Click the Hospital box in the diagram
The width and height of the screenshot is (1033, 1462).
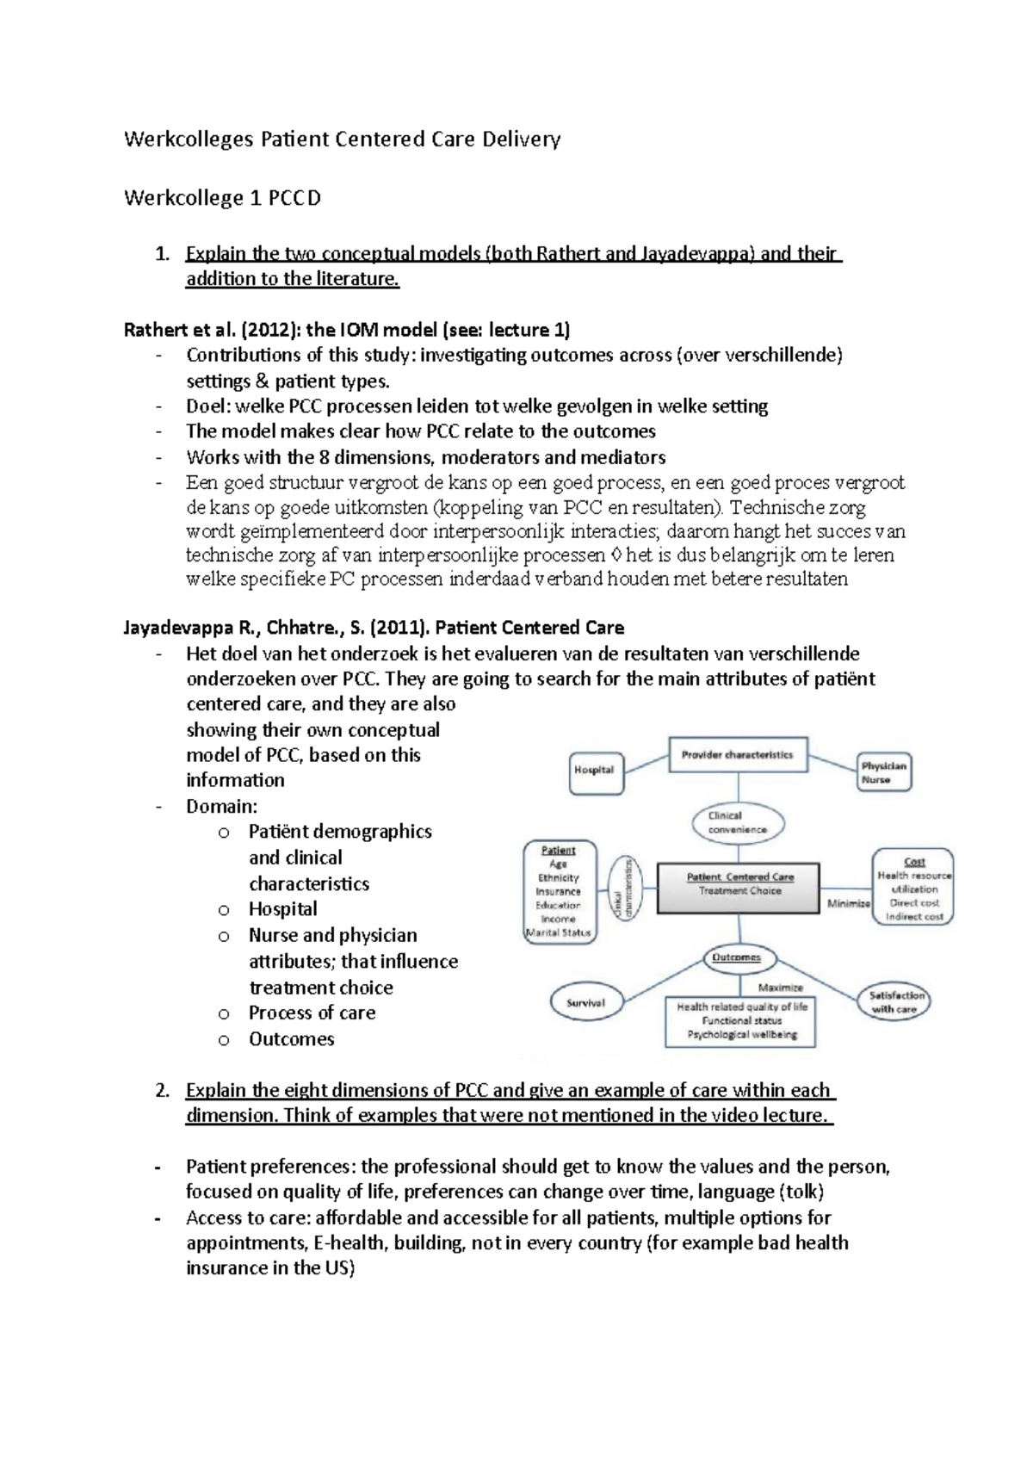(594, 770)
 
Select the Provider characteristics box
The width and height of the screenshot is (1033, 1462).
(738, 755)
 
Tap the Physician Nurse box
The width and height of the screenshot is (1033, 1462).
(883, 772)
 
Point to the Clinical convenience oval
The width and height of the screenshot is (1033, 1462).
(737, 823)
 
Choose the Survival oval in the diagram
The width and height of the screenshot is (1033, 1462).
(585, 1003)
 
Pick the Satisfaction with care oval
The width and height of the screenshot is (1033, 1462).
(895, 1002)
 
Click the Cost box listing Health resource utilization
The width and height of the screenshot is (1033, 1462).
(913, 887)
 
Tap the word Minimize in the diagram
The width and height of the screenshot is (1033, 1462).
(849, 903)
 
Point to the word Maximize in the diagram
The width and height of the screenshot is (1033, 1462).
(780, 988)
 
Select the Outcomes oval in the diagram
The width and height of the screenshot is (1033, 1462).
(737, 957)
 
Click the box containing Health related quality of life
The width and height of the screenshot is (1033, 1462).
(741, 1020)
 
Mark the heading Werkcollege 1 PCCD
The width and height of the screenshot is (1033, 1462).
(222, 198)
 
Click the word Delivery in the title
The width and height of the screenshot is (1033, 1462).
(521, 139)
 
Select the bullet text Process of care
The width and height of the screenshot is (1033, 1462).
(312, 1013)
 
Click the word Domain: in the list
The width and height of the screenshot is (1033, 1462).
(221, 807)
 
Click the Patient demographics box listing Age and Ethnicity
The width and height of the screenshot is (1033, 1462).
(559, 891)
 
